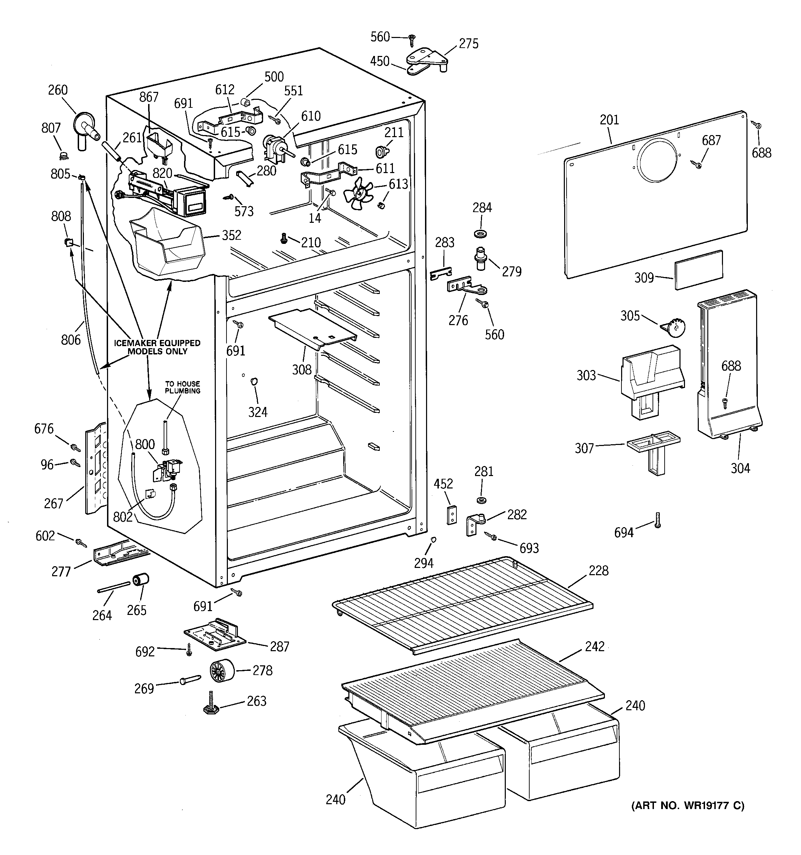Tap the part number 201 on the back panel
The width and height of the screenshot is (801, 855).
[609, 120]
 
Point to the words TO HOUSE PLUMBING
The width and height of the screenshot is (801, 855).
[182, 387]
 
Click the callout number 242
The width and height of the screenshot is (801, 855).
[595, 646]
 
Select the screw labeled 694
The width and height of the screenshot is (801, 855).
[657, 520]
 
